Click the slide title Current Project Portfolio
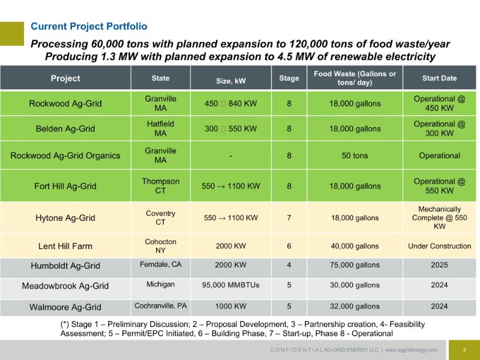click(89, 26)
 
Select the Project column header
click(65, 78)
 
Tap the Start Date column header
click(439, 78)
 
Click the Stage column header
click(289, 78)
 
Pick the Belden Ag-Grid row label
click(65, 128)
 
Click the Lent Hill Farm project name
click(65, 246)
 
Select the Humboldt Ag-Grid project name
click(65, 266)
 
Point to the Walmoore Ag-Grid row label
click(65, 307)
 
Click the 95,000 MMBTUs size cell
click(230, 286)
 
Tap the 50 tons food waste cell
click(355, 155)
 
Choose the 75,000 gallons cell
click(355, 266)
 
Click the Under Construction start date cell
click(439, 246)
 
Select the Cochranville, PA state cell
click(160, 306)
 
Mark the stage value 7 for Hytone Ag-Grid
click(289, 218)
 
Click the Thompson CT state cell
click(160, 186)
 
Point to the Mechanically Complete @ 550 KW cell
click(439, 218)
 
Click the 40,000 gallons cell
click(355, 246)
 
